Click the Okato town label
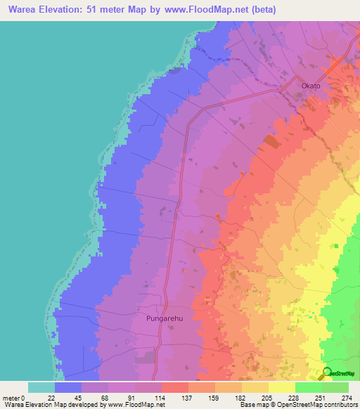[310, 86]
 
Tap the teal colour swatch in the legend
[41, 387]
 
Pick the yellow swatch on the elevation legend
[282, 387]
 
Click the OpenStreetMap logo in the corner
[337, 373]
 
